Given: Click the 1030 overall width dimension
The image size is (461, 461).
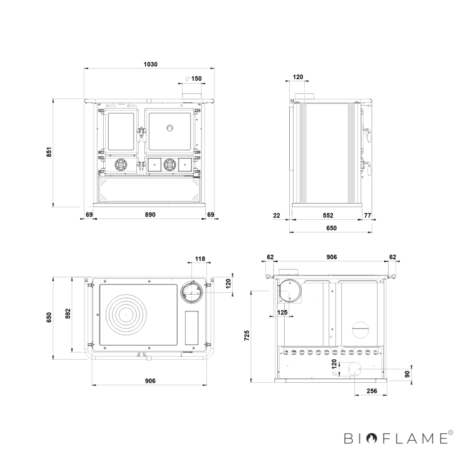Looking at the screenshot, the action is (x=151, y=65).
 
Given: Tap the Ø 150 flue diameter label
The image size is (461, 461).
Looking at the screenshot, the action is (x=194, y=78).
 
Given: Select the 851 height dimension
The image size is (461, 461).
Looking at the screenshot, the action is (x=49, y=152).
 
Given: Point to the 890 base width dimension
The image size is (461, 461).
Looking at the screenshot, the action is (x=150, y=215).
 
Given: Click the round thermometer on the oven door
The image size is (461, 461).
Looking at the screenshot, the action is (x=170, y=128).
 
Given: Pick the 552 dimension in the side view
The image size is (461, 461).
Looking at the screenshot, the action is (x=328, y=215).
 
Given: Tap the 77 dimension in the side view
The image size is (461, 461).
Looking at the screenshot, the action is (x=367, y=215).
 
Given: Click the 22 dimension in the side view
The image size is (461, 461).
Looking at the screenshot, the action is (x=276, y=215).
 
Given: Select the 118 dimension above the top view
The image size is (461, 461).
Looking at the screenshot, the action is (x=200, y=259).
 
